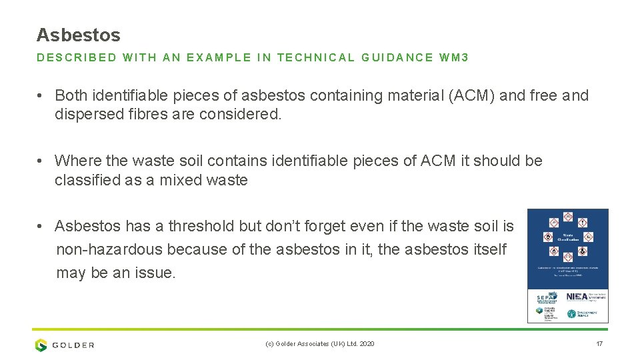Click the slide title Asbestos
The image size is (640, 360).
click(x=78, y=35)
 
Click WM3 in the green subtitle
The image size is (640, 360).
click(x=454, y=57)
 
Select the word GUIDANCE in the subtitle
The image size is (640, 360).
click(x=397, y=57)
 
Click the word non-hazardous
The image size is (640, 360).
click(x=109, y=249)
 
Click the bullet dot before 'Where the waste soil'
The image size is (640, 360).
click(x=41, y=161)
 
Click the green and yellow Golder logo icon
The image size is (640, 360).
click(x=41, y=345)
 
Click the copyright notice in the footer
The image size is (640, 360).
click(x=319, y=344)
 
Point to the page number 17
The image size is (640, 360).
click(x=599, y=344)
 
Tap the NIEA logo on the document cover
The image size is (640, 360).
click(x=577, y=297)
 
